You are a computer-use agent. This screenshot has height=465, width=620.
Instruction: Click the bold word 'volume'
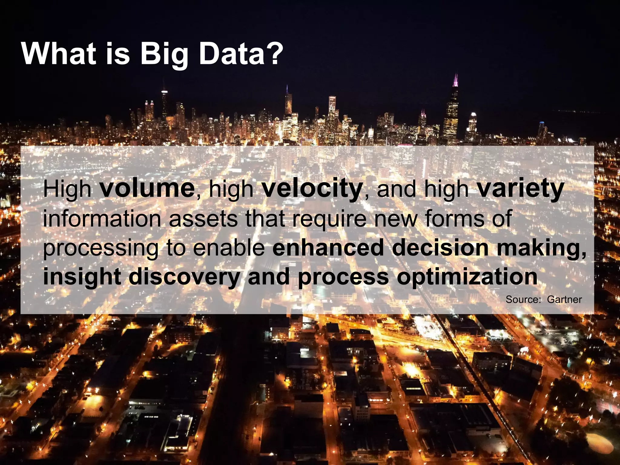pyautogui.click(x=147, y=188)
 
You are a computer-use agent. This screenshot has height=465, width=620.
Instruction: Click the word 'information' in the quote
pyautogui.click(x=102, y=218)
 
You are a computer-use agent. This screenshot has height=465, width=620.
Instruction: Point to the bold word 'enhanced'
pyautogui.click(x=328, y=248)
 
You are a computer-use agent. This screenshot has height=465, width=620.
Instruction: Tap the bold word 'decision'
pyautogui.click(x=440, y=248)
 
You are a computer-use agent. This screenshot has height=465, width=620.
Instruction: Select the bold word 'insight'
pyautogui.click(x=82, y=277)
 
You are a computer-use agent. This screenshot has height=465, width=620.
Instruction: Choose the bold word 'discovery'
pyautogui.click(x=184, y=277)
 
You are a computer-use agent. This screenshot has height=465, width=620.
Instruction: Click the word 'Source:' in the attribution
pyautogui.click(x=523, y=299)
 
